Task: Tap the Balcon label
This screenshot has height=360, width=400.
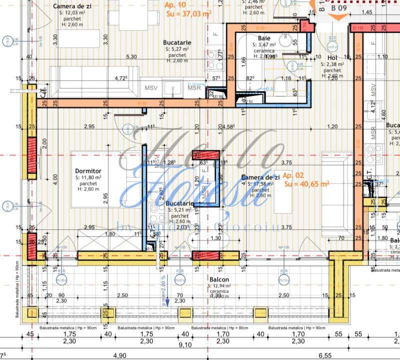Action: click(219, 279)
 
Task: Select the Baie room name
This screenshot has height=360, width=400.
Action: click(264, 38)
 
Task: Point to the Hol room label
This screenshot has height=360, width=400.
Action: click(332, 58)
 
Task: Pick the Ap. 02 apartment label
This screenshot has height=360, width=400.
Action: click(292, 176)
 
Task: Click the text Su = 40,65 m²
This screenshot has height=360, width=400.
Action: click(306, 184)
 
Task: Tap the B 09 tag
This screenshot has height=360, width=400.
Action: click(339, 8)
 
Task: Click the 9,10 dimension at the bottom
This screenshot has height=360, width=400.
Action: click(184, 344)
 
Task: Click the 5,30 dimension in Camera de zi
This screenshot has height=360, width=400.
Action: click(131, 56)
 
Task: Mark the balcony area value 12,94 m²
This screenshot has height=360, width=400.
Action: click(220, 285)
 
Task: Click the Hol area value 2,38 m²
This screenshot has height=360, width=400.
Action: click(332, 64)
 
